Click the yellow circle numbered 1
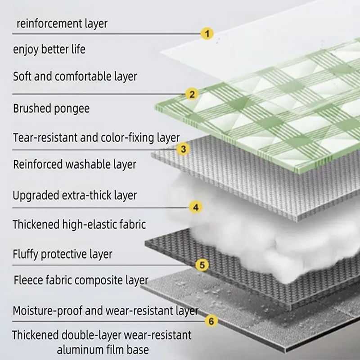(207, 33)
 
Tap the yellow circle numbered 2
(192, 94)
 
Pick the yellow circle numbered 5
(202, 265)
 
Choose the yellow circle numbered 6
(211, 321)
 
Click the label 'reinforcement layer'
(62, 23)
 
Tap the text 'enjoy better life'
(49, 49)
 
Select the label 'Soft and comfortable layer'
(75, 76)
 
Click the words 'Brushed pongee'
(51, 108)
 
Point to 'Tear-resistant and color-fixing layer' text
(96, 137)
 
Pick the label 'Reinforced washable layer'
(74, 164)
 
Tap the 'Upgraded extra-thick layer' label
(75, 196)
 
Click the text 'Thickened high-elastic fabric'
(79, 224)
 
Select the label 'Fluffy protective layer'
(62, 254)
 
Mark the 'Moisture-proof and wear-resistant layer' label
(105, 310)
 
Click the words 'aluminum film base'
(103, 349)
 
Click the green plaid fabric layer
(270, 112)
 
